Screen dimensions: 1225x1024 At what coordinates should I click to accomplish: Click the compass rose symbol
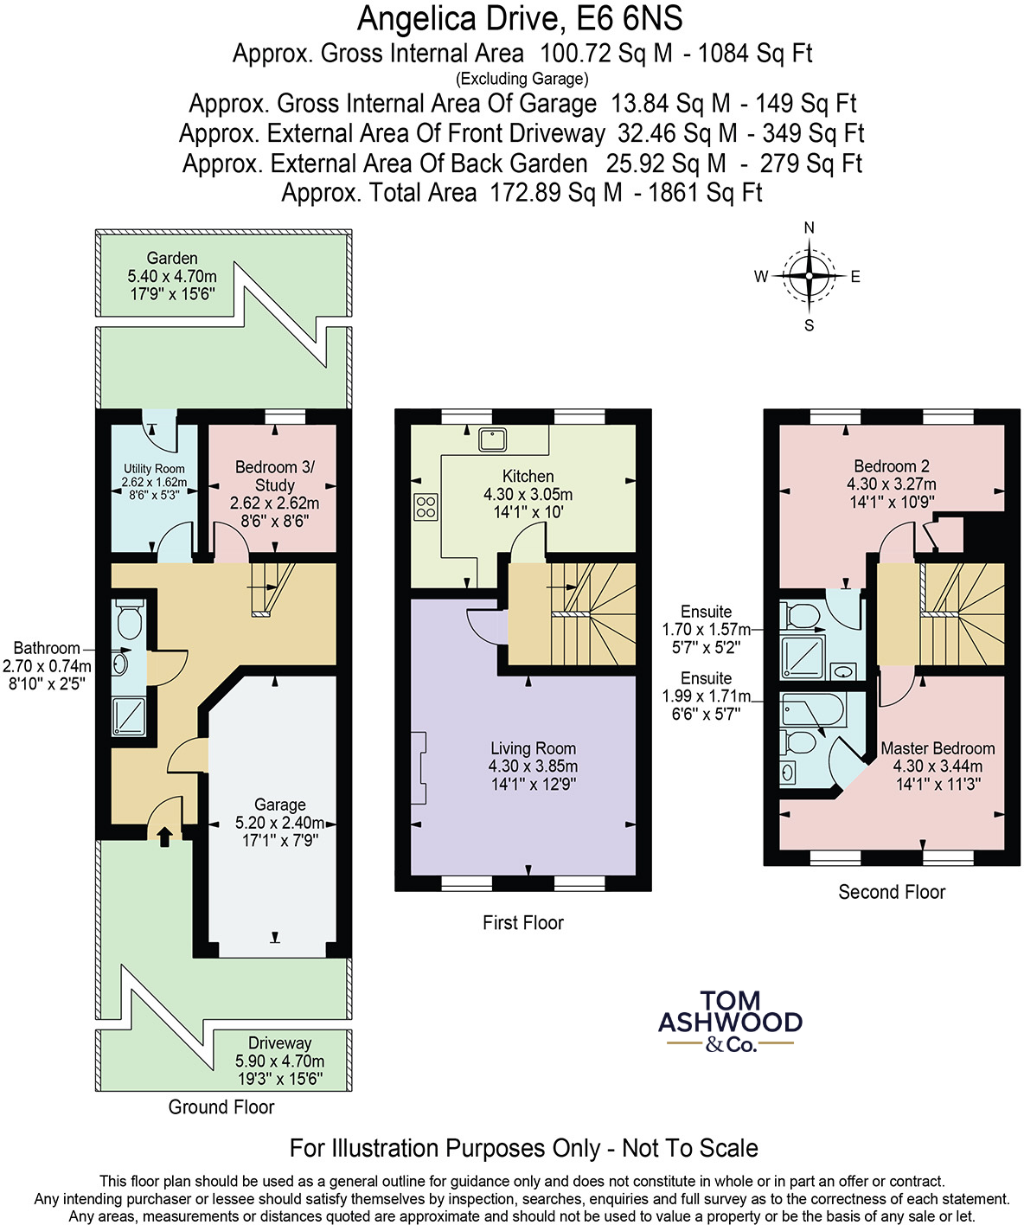point(809,277)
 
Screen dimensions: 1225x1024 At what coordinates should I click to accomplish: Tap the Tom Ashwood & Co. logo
point(730,1022)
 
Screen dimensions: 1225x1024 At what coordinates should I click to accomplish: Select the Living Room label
point(533,766)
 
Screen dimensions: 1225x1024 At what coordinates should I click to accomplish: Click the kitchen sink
point(494,439)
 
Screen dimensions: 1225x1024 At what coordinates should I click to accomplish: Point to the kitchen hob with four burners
point(426,506)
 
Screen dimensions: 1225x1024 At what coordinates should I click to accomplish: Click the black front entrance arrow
point(164,834)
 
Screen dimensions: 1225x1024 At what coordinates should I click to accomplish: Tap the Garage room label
point(279,822)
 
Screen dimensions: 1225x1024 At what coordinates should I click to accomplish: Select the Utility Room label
point(154,482)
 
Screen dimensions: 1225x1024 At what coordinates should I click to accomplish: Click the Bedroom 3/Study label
point(274,493)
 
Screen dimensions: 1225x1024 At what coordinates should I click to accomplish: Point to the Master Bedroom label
point(938,766)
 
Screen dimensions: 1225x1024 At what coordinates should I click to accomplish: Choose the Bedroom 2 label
point(892,484)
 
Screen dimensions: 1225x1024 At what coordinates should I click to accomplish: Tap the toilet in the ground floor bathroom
point(130,619)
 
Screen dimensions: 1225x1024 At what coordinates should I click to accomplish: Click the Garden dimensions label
point(172,276)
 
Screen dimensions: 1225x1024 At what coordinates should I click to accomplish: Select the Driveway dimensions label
point(279,1061)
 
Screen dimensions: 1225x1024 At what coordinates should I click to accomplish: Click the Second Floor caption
point(892,892)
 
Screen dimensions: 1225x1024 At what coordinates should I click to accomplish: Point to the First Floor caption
point(522,923)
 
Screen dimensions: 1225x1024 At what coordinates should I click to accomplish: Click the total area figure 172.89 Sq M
point(555,192)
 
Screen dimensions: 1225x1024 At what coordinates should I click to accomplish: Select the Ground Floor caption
point(221,1107)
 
